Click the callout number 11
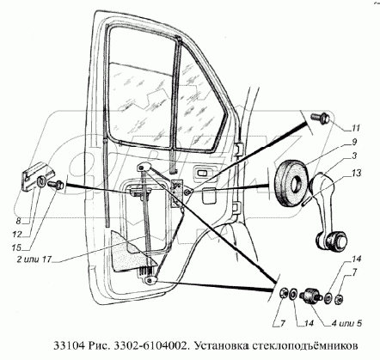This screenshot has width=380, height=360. (x=356, y=128)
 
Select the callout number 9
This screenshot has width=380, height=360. (x=354, y=143)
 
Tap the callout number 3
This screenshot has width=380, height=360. (x=354, y=156)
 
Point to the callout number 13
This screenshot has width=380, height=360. (x=355, y=174)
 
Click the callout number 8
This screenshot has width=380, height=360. (x=18, y=221)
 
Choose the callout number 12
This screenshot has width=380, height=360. (x=17, y=235)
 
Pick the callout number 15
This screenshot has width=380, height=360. (x=16, y=247)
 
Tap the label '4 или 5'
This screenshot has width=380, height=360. (x=346, y=323)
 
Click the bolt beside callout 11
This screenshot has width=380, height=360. (x=321, y=118)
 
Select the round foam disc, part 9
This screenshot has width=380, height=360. (x=291, y=183)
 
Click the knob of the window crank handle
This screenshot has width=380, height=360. (x=333, y=241)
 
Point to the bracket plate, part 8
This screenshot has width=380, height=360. (x=35, y=177)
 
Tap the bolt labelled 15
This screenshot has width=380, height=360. (x=56, y=184)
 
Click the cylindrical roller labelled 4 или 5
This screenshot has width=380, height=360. (x=310, y=296)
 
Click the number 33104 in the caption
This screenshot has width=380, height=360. (x=68, y=346)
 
